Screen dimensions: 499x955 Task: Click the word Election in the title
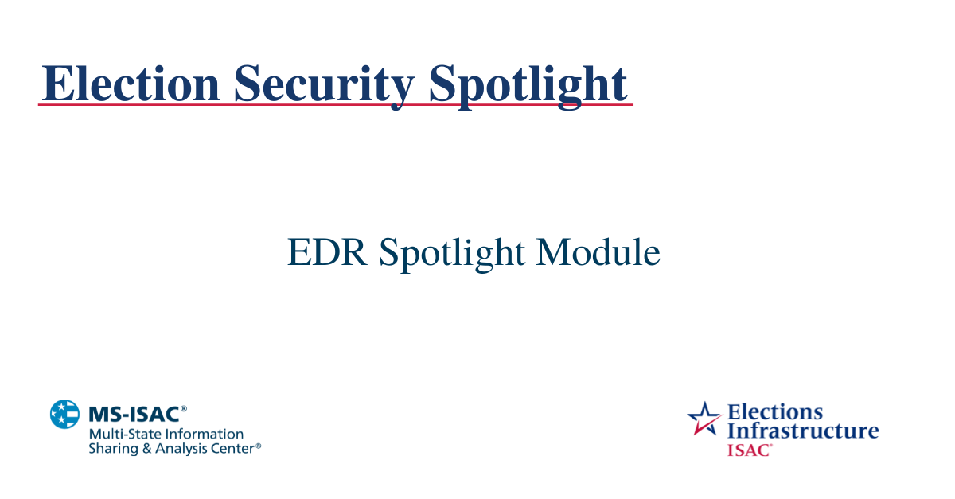130,83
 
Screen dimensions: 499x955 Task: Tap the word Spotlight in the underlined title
528,83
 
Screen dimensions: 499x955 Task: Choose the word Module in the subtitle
598,252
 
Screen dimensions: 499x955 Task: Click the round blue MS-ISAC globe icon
65,415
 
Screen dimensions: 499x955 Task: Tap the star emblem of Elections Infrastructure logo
704,419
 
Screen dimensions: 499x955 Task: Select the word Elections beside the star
775,412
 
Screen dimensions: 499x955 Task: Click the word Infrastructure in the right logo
802,431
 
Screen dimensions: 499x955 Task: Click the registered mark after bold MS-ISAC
184,409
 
